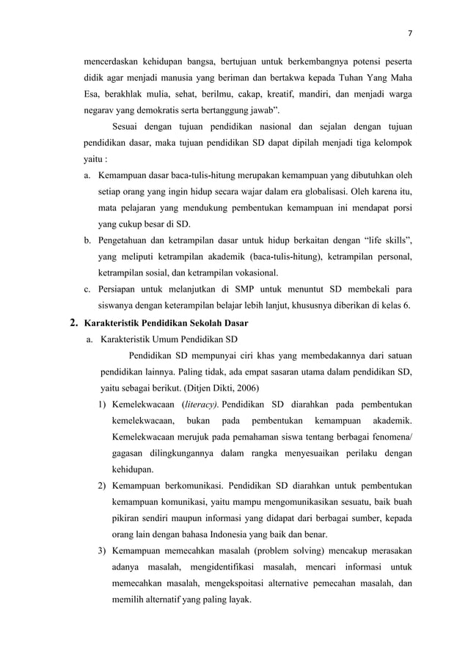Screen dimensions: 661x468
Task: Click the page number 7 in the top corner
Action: tap(409, 32)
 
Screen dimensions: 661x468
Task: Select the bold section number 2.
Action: tap(72, 322)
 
